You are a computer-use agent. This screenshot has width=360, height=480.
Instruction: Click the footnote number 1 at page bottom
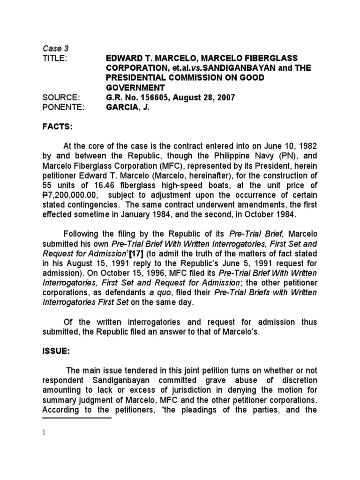coord(44,432)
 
